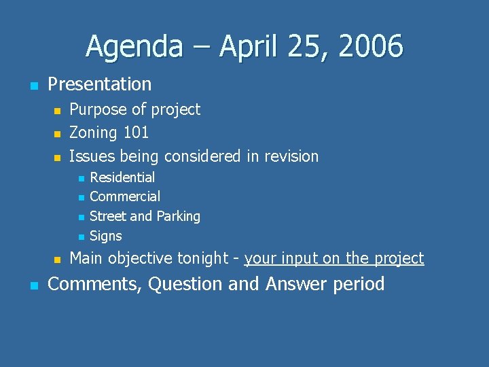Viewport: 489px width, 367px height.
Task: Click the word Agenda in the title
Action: [x=134, y=48]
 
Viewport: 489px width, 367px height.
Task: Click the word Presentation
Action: [x=100, y=84]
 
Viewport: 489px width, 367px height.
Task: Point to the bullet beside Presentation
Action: [x=33, y=86]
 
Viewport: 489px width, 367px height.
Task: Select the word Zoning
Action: [x=93, y=133]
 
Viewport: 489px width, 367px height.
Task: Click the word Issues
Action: [x=92, y=156]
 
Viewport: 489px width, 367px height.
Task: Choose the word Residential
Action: [x=122, y=177]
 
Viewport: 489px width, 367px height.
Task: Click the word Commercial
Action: [x=125, y=196]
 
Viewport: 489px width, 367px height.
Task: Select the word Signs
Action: [x=105, y=237]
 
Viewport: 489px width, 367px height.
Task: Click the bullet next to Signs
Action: [x=80, y=237]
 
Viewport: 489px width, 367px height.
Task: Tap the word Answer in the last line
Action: [x=296, y=283]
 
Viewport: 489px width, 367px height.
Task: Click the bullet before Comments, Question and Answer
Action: [x=33, y=285]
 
